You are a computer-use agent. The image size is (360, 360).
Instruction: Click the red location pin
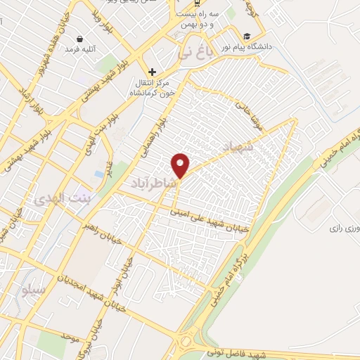point(181,165)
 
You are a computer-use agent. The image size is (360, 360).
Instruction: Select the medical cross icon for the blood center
point(152,72)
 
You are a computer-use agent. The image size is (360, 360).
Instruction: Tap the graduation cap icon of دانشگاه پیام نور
point(247,37)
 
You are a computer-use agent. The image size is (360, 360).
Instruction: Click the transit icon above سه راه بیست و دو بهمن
point(196,11)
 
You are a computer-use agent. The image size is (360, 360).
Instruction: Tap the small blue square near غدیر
point(97,173)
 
